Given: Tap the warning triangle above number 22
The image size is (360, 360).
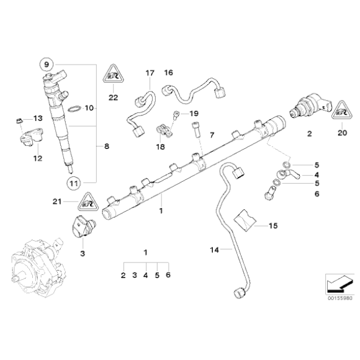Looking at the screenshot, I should pos(112,75).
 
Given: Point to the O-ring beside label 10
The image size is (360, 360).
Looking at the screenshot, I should pos(73,109).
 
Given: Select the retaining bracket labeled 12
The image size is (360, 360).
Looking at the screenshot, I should pos(28,137).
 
